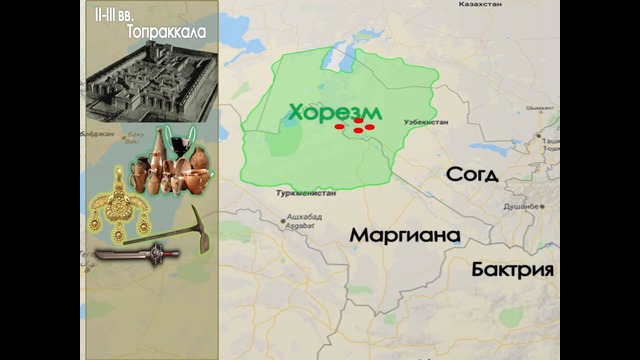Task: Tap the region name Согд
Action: click(x=472, y=175)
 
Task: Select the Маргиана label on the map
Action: click(x=405, y=236)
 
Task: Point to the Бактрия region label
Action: click(x=513, y=270)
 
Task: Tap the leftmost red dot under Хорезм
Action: click(x=339, y=128)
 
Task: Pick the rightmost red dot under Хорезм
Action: click(x=369, y=127)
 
